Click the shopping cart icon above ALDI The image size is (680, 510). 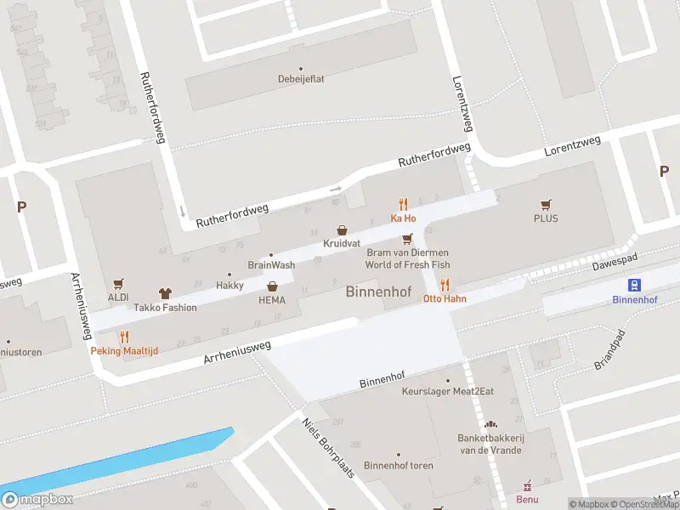click(x=118, y=283)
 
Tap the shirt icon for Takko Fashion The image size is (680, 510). click(x=163, y=292)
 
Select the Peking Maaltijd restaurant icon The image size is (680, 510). click(x=124, y=337)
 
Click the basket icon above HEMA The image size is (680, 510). click(x=272, y=286)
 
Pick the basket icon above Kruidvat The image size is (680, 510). click(x=342, y=229)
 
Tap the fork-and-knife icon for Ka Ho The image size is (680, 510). click(x=403, y=204)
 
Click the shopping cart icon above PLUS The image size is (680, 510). click(x=546, y=204)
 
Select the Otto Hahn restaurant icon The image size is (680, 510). click(x=445, y=286)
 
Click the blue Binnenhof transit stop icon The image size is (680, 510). click(x=634, y=285)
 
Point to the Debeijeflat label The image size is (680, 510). click(x=300, y=79)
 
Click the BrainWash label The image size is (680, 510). click(x=271, y=265)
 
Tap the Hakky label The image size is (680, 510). click(x=229, y=285)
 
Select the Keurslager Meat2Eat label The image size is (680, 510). click(x=447, y=392)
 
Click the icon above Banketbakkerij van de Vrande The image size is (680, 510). click(x=489, y=424)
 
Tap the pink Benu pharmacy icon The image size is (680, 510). click(x=527, y=485)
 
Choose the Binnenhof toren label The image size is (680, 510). click(x=398, y=465)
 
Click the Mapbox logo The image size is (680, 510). click(x=37, y=500)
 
